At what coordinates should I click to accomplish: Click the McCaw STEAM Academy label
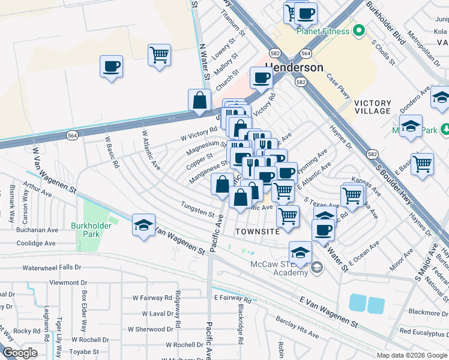[282, 267]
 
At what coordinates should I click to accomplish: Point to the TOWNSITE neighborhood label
[258, 231]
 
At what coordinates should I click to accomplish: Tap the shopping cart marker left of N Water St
[159, 55]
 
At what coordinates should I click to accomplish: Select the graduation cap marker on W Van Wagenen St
[143, 226]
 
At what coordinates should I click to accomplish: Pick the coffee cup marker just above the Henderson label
[261, 77]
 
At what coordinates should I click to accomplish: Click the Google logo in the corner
[20, 353]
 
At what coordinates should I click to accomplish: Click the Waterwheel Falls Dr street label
[56, 267]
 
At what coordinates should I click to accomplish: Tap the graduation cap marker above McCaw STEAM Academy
[300, 252]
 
